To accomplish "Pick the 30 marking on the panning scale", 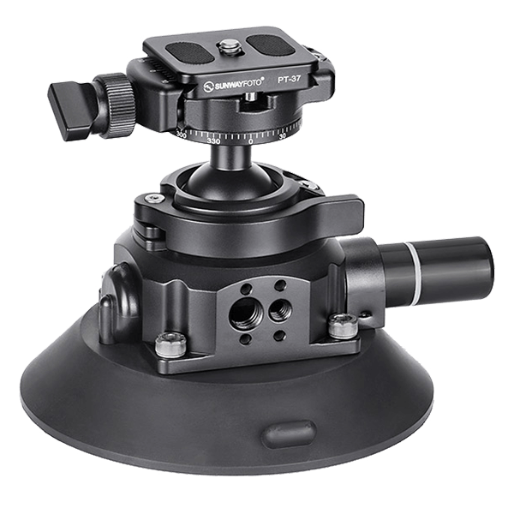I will (284, 134).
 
